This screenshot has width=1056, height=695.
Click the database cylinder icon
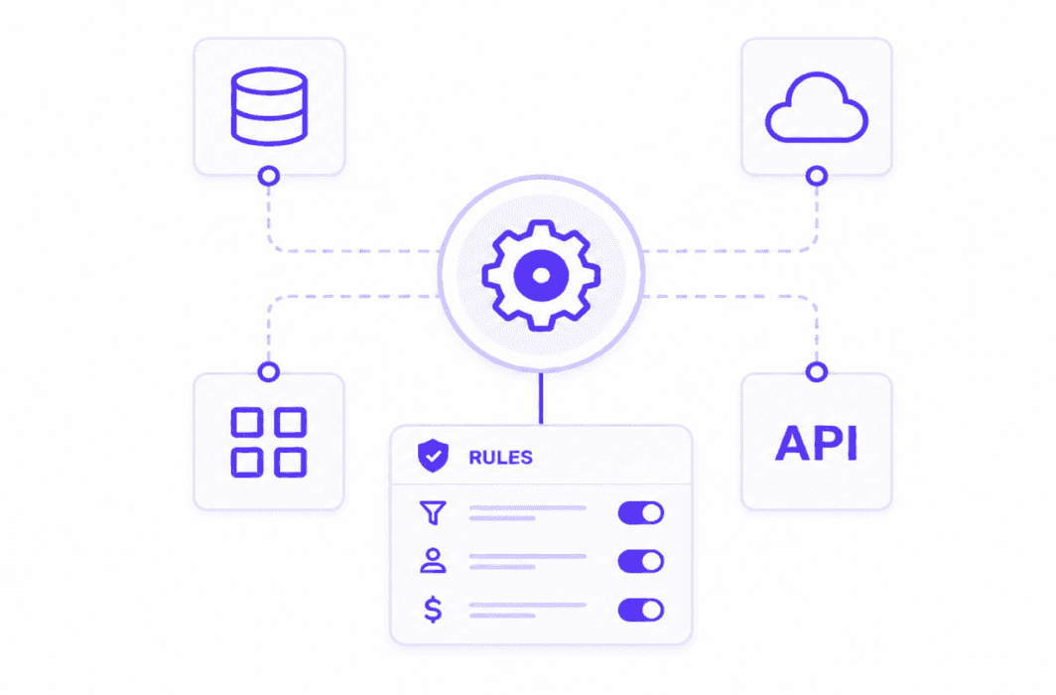[269, 106]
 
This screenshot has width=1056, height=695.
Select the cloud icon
[816, 108]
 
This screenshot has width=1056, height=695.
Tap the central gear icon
[541, 275]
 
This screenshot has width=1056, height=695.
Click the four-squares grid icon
[269, 442]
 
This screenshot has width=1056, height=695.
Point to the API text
[816, 444]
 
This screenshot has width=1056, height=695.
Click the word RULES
[500, 458]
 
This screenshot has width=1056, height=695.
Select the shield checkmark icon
[433, 456]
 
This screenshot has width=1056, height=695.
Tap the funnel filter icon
[433, 513]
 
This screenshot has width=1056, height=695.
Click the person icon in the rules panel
[433, 561]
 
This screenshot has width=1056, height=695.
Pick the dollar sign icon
[433, 610]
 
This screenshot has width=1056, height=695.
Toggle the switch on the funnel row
[641, 513]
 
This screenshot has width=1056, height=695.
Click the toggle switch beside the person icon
[641, 562]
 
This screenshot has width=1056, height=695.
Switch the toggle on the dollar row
[641, 611]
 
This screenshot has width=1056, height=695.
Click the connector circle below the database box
[269, 177]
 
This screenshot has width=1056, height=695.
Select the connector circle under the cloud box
[816, 177]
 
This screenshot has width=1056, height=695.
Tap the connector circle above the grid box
[269, 371]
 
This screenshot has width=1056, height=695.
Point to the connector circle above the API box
[816, 371]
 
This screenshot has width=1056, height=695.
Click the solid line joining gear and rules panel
[541, 398]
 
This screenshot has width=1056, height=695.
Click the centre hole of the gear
[541, 275]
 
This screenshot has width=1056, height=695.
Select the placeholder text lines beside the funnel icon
[527, 513]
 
